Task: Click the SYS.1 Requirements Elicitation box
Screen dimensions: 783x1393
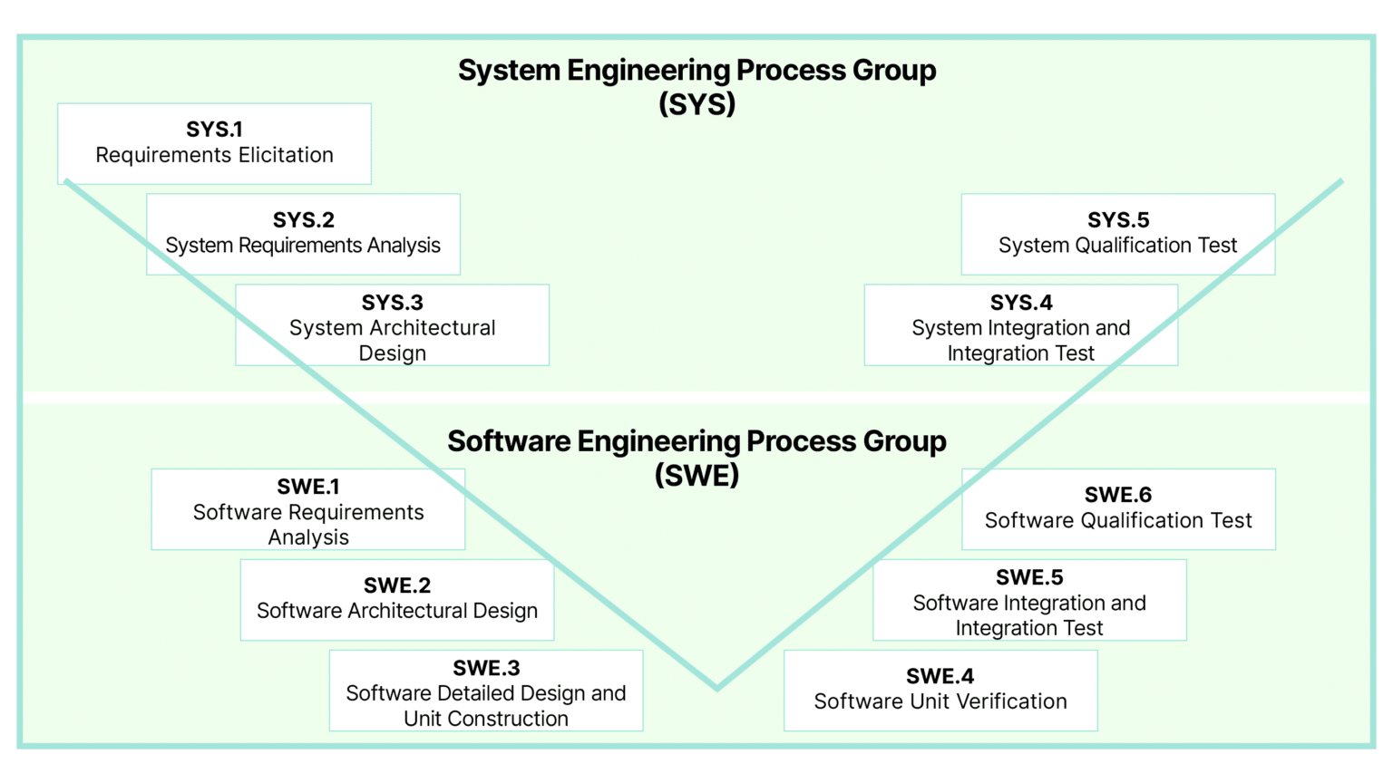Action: (214, 143)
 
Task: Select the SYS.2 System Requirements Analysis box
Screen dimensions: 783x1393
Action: (303, 234)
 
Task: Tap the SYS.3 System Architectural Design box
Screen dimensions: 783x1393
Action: (392, 325)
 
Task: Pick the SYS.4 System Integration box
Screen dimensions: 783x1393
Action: (1021, 325)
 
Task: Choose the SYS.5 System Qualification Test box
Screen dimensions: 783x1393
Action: (1117, 234)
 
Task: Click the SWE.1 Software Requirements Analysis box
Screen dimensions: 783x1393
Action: (308, 509)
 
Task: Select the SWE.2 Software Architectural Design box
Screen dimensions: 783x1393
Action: (397, 600)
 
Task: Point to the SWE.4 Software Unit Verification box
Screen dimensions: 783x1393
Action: (940, 691)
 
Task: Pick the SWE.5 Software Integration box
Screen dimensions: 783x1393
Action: (1029, 600)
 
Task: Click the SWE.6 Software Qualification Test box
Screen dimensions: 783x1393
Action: (1118, 509)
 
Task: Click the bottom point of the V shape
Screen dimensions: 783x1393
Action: (717, 687)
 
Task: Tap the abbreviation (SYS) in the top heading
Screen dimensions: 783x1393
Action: (696, 104)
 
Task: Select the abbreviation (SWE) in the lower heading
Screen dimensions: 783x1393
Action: (696, 475)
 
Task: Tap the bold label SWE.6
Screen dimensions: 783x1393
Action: (1118, 495)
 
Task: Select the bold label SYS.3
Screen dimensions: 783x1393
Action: (392, 303)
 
